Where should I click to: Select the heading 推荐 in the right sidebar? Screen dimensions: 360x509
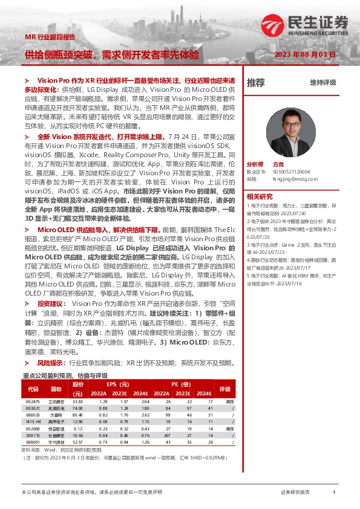[x=255, y=82]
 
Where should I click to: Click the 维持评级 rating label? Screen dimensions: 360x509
[x=323, y=82]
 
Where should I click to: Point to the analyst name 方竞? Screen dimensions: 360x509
[x=278, y=164]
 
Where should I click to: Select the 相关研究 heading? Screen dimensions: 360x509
[x=260, y=196]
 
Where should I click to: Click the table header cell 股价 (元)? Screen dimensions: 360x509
[x=77, y=388]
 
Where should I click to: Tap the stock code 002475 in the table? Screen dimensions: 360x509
[x=33, y=402]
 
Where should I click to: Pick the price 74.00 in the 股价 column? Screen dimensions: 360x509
[x=77, y=409]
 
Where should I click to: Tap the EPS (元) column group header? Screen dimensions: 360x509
[x=119, y=384]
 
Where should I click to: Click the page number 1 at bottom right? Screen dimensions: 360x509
[x=334, y=493]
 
